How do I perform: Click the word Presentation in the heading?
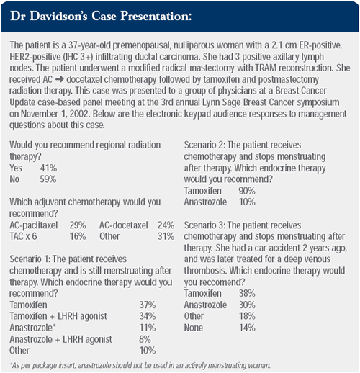(156, 16)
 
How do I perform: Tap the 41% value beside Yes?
(49, 168)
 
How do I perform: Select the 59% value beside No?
(48, 179)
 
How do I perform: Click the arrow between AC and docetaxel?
(59, 80)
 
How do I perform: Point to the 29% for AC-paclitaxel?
(78, 225)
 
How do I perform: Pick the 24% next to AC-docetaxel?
(166, 225)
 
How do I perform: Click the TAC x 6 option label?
(23, 236)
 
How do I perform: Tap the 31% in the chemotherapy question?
(166, 236)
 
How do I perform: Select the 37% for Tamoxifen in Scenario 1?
(148, 305)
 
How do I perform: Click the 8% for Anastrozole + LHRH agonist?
(145, 339)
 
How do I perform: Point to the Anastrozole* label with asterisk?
(32, 328)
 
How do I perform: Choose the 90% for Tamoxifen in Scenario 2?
(247, 191)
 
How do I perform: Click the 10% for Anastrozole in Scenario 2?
(247, 202)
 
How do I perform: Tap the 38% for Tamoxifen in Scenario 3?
(247, 293)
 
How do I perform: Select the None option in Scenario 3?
(194, 328)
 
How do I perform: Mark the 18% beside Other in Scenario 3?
(247, 316)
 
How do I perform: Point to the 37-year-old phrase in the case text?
(89, 45)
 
